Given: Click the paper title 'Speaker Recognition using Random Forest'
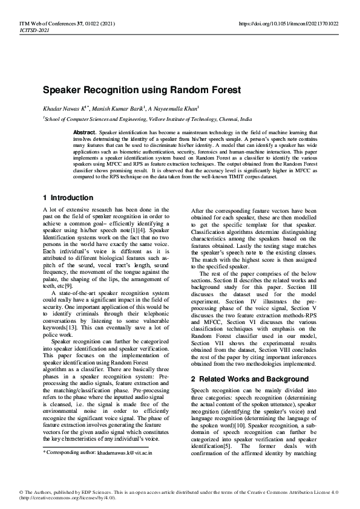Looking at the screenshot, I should pyautogui.click(x=142, y=90).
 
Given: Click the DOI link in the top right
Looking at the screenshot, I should pyautogui.click(x=289, y=24).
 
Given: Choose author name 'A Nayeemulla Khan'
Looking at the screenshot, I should pyautogui.click(x=172, y=109).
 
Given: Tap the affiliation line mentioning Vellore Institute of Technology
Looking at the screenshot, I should pyautogui.click(x=148, y=120).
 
